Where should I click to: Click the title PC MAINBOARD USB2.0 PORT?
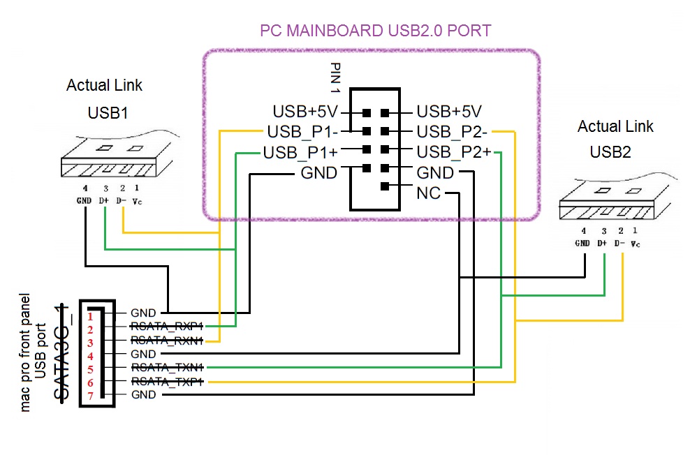[375, 31]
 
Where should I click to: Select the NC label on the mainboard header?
[429, 193]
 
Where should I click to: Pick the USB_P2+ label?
[454, 152]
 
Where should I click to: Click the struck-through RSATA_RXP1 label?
[166, 327]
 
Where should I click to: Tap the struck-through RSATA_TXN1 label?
[166, 368]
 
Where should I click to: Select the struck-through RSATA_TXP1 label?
[166, 382]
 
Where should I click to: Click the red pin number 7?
[90, 396]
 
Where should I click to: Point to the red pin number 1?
[90, 316]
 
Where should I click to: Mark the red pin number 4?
[90, 356]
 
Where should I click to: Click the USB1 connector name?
[108, 113]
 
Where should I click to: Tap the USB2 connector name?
[610, 151]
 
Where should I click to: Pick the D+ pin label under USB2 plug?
[602, 244]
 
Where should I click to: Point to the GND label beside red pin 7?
[143, 395]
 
